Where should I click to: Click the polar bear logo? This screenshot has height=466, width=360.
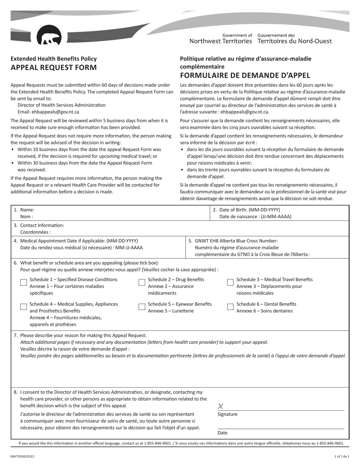50,37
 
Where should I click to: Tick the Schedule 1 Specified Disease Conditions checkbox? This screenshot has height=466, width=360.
23,282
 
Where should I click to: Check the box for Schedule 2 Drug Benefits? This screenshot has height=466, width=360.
142,282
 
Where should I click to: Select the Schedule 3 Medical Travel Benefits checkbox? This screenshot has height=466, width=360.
230,282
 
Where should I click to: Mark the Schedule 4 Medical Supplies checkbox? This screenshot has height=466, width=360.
23,307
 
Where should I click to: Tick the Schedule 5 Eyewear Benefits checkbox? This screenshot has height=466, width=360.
142,307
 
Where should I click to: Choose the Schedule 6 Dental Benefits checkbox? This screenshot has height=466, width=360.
230,307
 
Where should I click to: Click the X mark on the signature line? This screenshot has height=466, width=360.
221,406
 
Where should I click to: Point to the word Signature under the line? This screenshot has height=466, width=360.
227,414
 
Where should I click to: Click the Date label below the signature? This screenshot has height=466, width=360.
222,433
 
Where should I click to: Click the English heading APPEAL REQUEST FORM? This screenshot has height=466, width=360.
53,68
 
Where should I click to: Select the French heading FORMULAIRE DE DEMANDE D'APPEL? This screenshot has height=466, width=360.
245,75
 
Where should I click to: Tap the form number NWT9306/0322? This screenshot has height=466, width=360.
22,457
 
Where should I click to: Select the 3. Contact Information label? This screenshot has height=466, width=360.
39,225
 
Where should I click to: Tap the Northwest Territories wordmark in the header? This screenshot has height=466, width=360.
220,41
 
